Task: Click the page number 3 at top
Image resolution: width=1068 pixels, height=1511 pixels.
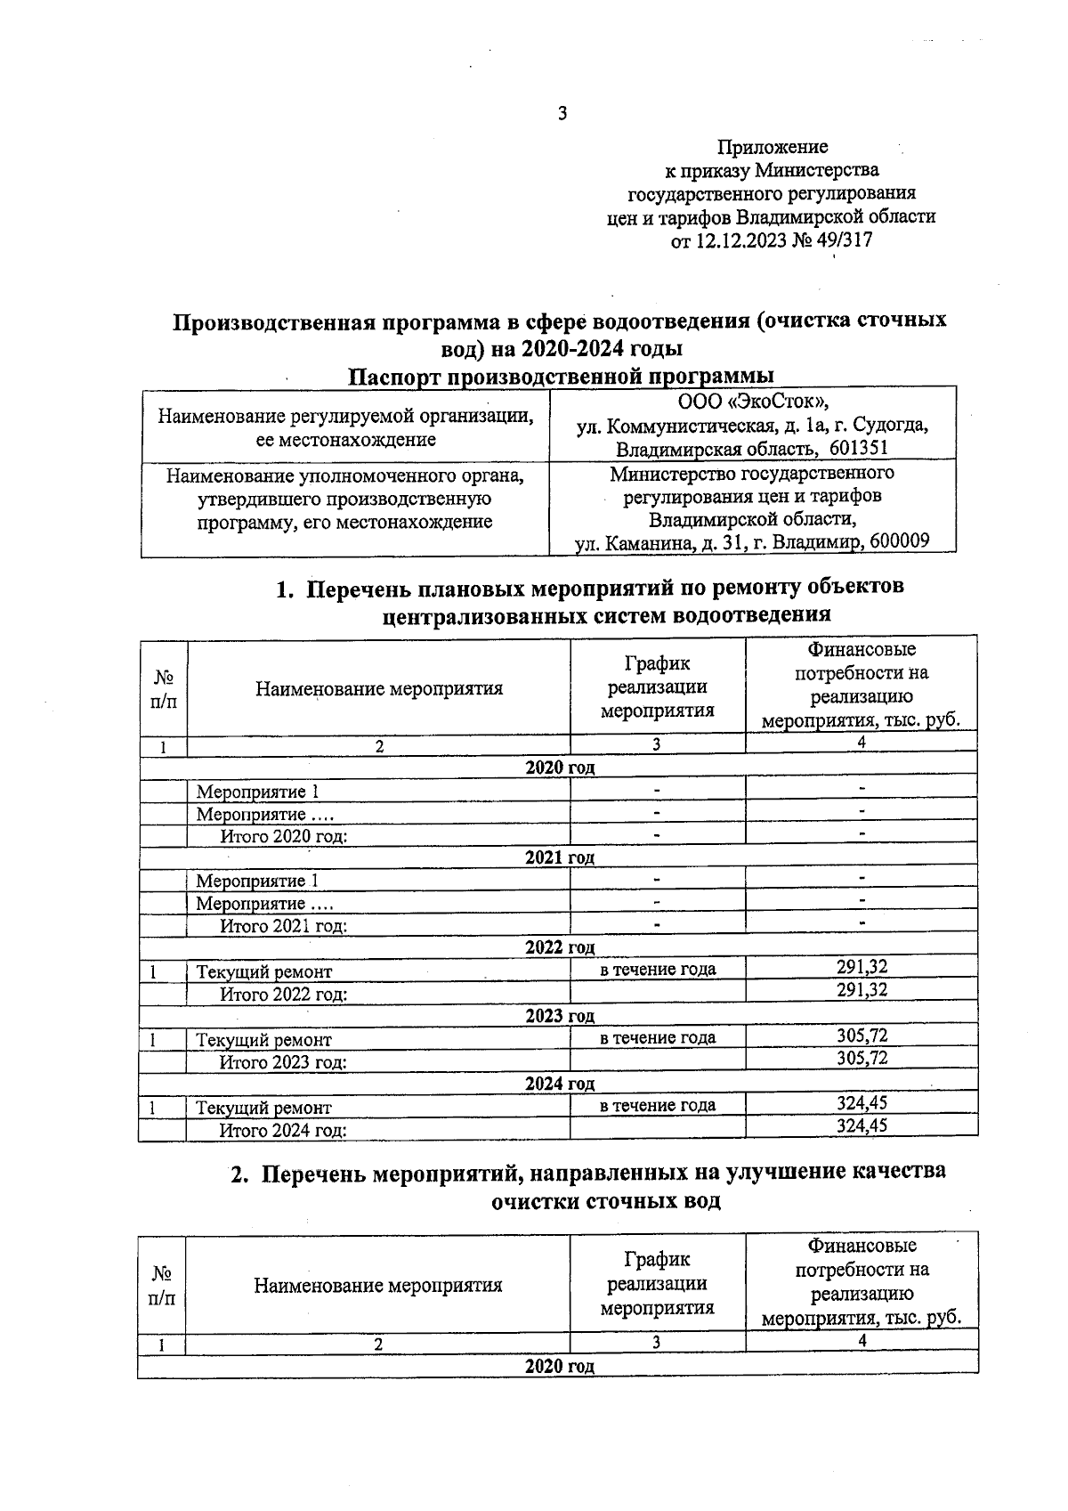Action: (562, 114)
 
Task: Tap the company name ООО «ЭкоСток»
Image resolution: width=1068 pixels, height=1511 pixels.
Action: (752, 402)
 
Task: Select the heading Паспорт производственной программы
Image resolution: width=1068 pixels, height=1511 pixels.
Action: (561, 376)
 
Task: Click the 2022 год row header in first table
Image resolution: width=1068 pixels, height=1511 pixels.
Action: (559, 947)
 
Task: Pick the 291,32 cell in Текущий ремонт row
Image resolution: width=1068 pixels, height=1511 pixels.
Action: (862, 968)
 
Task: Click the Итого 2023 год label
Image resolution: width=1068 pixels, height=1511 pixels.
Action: (283, 1062)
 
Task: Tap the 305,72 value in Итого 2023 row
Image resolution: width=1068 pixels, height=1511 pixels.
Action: (862, 1058)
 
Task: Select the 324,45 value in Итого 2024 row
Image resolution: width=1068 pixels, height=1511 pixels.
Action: (862, 1125)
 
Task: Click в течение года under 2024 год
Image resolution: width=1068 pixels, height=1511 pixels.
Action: (658, 1105)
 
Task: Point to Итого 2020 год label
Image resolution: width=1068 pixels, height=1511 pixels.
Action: (283, 836)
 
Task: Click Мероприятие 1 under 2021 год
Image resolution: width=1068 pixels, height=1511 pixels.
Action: (257, 881)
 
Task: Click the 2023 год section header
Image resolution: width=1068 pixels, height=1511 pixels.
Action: (559, 1016)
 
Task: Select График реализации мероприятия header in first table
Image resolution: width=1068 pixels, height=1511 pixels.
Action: (658, 686)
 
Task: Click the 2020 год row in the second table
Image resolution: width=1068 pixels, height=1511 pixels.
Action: (559, 1366)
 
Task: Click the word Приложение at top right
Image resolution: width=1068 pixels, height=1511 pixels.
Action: (773, 146)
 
